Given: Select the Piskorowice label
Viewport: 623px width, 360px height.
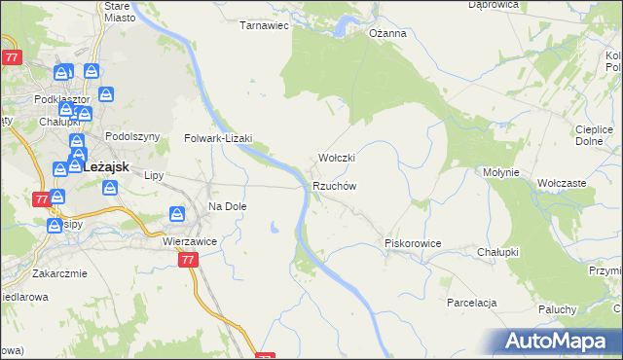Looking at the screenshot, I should tap(413, 243).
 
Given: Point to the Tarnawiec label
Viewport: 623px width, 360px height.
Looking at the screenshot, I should tap(265, 25).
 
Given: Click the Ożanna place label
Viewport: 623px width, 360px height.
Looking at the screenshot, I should tap(386, 32).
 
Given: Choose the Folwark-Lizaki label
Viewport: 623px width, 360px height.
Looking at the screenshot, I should tap(219, 138).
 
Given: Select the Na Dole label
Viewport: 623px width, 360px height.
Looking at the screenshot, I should tap(228, 206).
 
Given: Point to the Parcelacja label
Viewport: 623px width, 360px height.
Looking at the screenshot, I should tap(472, 303).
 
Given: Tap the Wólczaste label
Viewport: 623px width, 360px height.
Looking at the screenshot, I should tap(562, 182).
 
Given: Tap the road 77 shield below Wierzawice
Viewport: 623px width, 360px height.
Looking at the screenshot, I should tap(188, 260).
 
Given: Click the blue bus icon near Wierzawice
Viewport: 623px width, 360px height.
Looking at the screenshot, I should tap(177, 214).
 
